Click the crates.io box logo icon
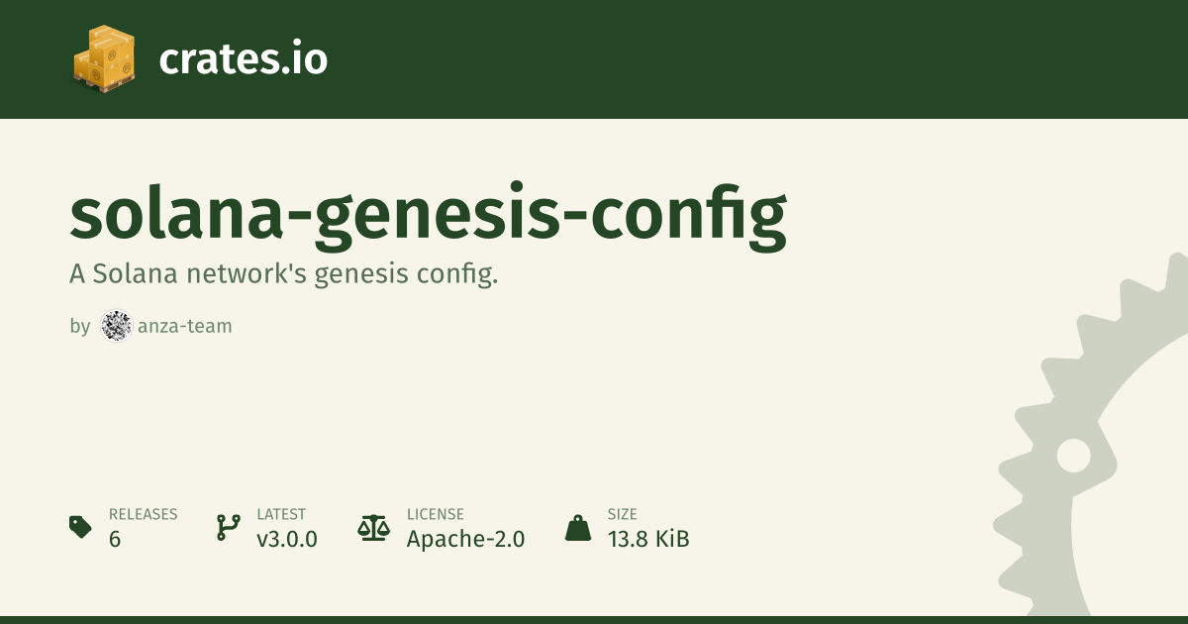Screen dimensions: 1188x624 coord(104,58)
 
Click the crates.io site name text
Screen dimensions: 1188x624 coord(243,58)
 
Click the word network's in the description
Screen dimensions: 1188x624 coord(247,273)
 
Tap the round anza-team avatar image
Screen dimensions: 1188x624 coord(116,325)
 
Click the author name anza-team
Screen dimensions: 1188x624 coord(184,326)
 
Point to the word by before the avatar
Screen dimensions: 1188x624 coord(80,326)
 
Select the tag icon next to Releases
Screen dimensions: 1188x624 coord(80,526)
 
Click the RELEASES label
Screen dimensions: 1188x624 coord(144,514)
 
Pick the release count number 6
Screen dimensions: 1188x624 coord(115,539)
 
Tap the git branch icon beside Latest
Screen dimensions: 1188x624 coord(229,527)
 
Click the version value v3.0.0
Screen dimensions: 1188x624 coord(287,539)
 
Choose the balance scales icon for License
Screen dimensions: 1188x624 coord(373,528)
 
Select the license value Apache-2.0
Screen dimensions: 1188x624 coord(465,539)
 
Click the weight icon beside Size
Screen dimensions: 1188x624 coord(578,528)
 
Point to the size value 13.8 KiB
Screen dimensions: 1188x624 coord(648,539)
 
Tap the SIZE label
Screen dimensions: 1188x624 coord(623,514)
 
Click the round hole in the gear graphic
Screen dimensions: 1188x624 coord(1073,456)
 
